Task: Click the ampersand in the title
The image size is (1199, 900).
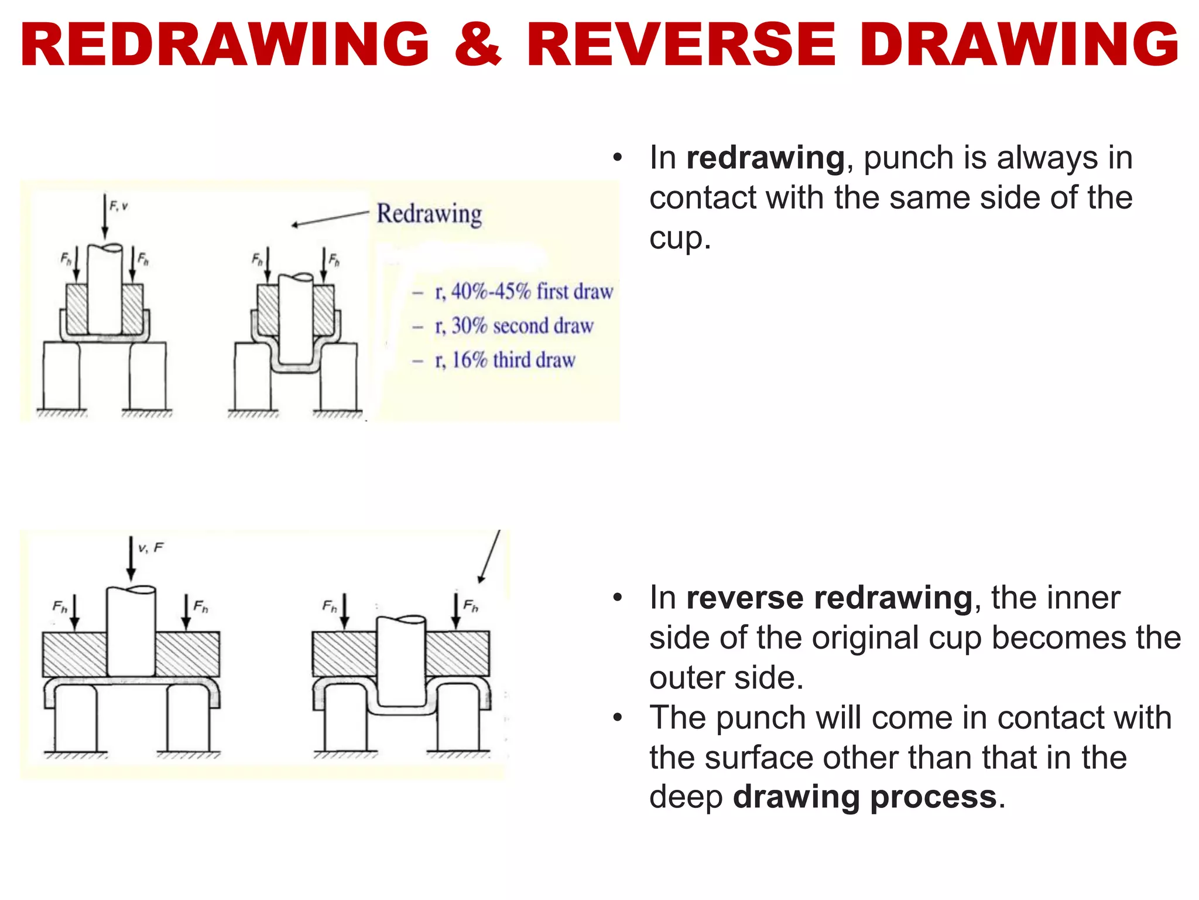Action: pos(477,45)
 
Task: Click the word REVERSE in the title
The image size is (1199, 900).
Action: pos(681,45)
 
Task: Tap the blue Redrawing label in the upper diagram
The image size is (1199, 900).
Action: pos(429,214)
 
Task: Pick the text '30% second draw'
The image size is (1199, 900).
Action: pos(522,326)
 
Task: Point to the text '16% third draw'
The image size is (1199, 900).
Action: pos(513,360)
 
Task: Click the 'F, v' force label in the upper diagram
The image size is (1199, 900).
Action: pos(118,206)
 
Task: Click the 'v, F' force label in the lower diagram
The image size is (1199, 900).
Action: pos(150,548)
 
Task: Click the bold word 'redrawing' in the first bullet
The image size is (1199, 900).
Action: pos(765,158)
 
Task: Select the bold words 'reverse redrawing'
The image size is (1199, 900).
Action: pos(829,598)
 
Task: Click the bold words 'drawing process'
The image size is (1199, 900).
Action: pos(865,797)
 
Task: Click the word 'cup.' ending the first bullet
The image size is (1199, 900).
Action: pos(680,238)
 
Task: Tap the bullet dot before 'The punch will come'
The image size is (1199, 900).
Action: pos(617,718)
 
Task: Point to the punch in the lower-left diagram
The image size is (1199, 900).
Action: pos(131,632)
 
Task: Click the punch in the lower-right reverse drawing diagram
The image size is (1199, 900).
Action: pos(401,661)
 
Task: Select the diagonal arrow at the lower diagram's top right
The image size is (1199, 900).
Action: pos(489,557)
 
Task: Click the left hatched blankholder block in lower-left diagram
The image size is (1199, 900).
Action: pos(74,654)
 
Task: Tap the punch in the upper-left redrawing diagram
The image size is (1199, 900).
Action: pos(105,290)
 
